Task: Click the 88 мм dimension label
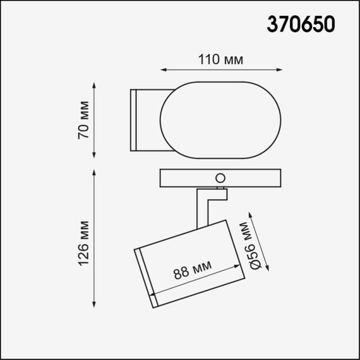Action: (193, 271)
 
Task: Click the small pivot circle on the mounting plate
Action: (220, 177)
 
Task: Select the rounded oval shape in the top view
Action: (220, 119)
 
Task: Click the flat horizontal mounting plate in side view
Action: (189, 179)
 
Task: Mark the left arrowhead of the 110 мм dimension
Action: (162, 70)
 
